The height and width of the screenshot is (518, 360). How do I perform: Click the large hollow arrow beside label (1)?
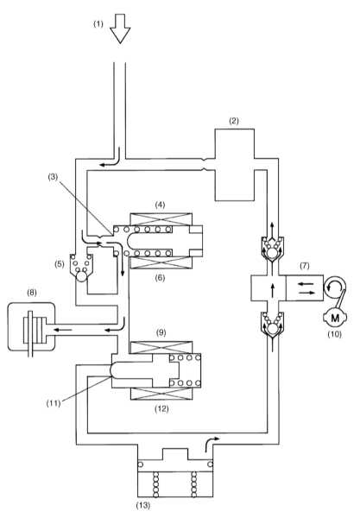(120, 28)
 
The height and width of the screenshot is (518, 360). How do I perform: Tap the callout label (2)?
(234, 121)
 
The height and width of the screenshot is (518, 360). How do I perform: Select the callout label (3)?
(53, 177)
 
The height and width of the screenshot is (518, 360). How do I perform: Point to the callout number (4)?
(161, 205)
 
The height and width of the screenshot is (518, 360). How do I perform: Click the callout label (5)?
(60, 264)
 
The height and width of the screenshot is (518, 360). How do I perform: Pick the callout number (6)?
(161, 278)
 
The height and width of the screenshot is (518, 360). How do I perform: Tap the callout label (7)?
(304, 265)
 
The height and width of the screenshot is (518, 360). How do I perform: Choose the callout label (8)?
(32, 293)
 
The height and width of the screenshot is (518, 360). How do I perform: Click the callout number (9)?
(161, 332)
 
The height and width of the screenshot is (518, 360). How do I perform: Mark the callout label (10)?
(334, 334)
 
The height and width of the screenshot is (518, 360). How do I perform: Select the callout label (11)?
(54, 403)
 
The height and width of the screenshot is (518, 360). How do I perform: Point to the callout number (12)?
(161, 409)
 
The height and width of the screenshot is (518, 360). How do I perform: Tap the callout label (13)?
(143, 505)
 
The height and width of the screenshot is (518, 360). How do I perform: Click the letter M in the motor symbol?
(335, 318)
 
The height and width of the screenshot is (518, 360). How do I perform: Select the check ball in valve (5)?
(81, 276)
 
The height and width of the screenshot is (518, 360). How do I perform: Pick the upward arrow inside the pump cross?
(273, 290)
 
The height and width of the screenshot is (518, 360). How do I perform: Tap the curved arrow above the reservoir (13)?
(212, 444)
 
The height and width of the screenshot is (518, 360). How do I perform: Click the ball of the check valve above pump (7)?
(272, 253)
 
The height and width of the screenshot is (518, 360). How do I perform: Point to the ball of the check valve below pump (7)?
(272, 329)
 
